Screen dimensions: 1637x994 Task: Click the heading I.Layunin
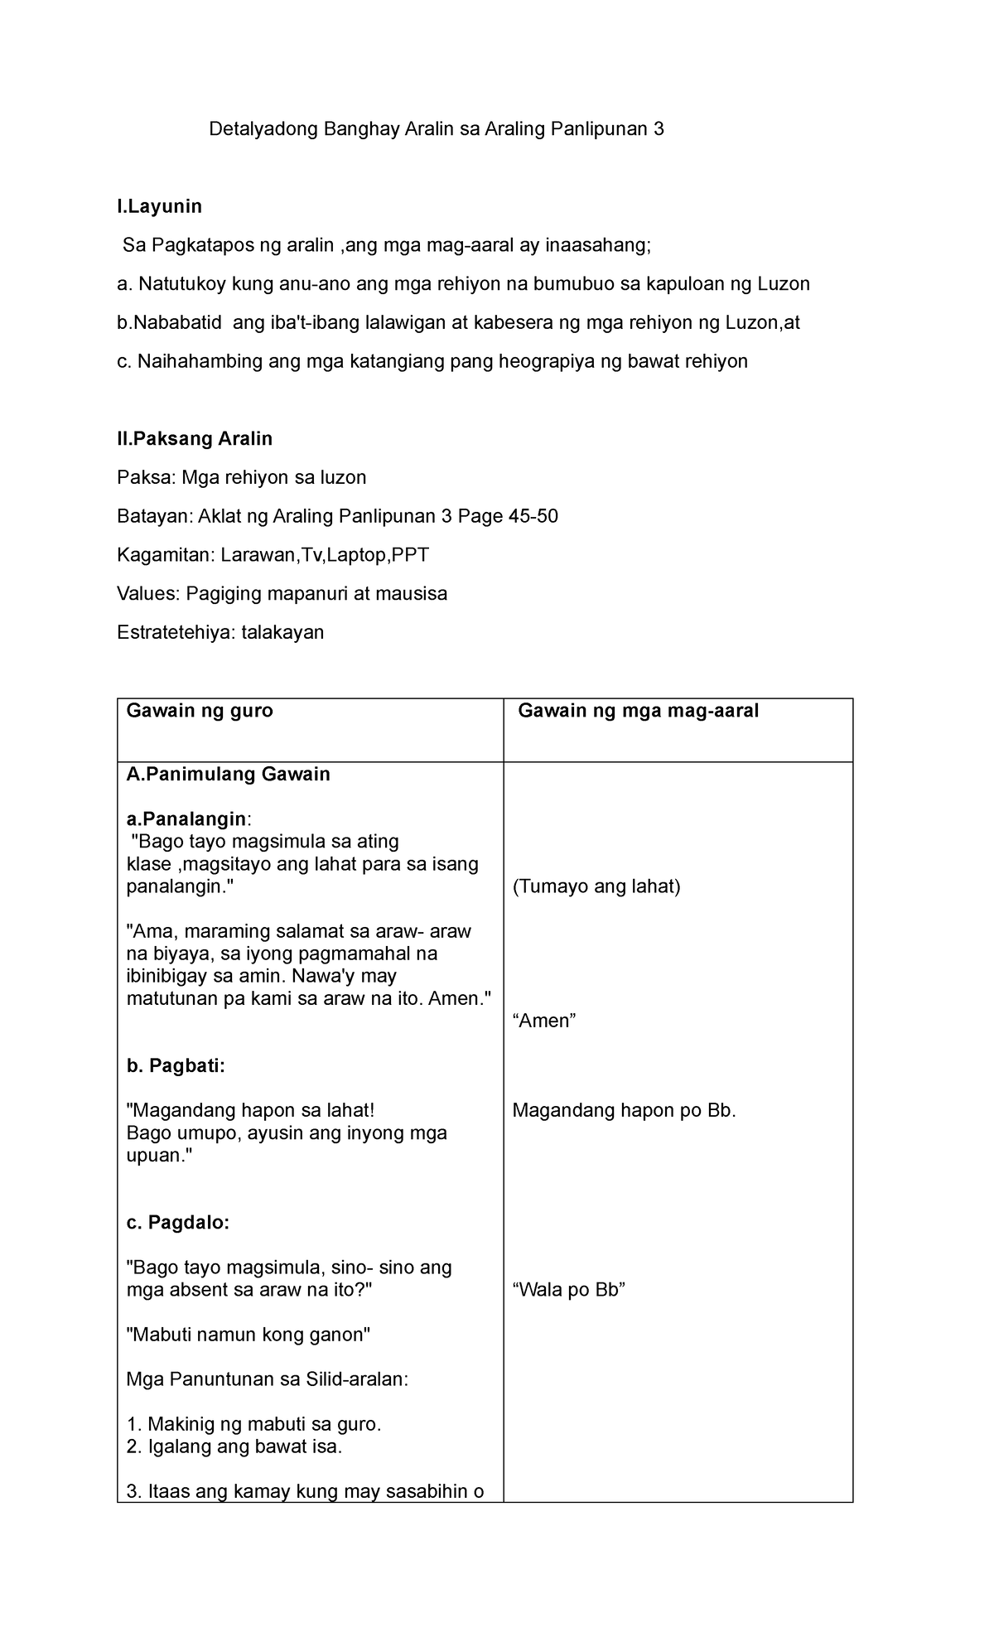[x=160, y=205]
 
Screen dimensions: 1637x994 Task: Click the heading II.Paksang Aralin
[x=195, y=438]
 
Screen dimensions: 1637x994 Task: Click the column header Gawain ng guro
[x=199, y=711]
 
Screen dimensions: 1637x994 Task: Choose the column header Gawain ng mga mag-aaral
[x=639, y=711]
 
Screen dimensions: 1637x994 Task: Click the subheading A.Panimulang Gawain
[x=228, y=775]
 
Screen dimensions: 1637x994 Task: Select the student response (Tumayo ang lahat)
[x=596, y=886]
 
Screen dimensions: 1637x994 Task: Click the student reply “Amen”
[x=544, y=1021]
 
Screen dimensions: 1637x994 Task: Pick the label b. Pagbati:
[x=175, y=1066]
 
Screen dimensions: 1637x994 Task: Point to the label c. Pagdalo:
[x=177, y=1223]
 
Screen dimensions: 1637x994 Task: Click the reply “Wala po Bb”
[x=568, y=1290]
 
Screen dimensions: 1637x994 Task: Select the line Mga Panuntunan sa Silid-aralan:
[x=268, y=1379]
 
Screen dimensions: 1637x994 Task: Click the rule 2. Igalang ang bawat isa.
[x=234, y=1446]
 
